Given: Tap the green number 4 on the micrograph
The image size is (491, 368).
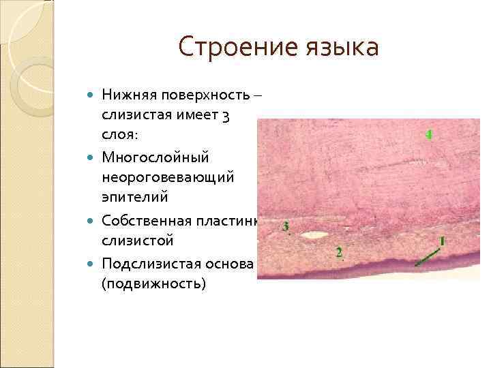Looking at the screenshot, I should coord(428,134).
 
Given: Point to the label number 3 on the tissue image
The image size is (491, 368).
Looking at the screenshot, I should coord(285,226).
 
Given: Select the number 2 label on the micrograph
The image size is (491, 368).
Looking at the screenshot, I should coord(339,253).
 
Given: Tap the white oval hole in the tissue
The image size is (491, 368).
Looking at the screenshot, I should coord(316,235).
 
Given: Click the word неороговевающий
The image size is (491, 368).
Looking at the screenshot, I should coord(168,177).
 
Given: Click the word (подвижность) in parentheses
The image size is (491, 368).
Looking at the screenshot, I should coord(153,282).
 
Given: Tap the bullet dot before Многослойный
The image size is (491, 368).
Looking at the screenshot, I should coord(92,157).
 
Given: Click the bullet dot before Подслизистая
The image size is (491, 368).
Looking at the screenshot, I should coord(92,262).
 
